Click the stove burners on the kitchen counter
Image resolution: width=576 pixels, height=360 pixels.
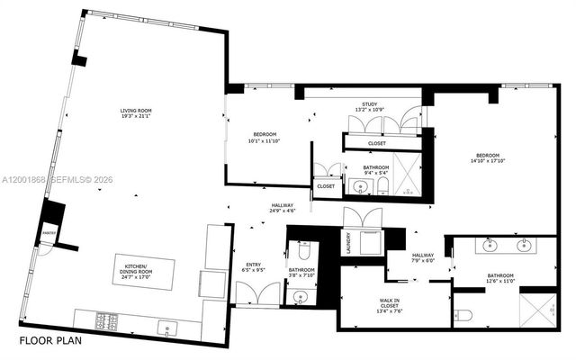[x=110, y=320]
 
